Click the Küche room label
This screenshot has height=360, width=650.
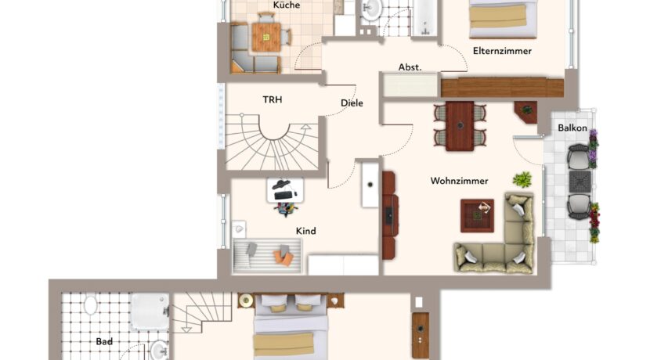(287, 5)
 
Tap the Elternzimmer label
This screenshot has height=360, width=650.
(502, 51)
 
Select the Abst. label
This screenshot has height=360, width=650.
(410, 67)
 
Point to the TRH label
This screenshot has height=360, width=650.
(273, 99)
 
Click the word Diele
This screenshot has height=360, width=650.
(352, 103)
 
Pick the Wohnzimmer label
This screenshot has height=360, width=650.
(460, 181)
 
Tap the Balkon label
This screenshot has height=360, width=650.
(572, 128)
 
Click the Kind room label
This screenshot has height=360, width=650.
(306, 231)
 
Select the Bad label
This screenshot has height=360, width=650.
(104, 341)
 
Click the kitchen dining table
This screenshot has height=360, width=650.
(266, 37)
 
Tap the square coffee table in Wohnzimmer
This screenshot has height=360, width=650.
(477, 215)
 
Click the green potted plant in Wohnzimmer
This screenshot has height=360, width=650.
(522, 179)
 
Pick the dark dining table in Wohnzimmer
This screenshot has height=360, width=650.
(460, 126)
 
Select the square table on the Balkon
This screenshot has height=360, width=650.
(580, 182)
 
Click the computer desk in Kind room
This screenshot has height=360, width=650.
(285, 190)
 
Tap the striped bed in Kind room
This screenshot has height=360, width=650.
(267, 256)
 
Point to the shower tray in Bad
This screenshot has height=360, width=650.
(150, 311)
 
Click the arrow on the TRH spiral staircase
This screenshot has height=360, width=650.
(306, 127)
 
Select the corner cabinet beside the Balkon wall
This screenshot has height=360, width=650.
(526, 112)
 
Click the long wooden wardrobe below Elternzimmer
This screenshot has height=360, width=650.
(503, 88)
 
